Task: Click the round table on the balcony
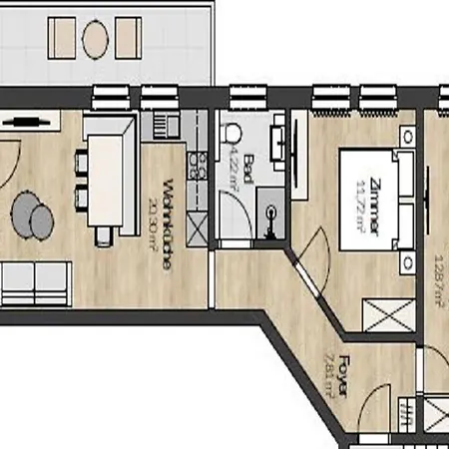(x=96, y=39)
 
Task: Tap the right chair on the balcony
(x=128, y=39)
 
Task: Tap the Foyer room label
(x=341, y=380)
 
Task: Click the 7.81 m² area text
(x=327, y=379)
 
